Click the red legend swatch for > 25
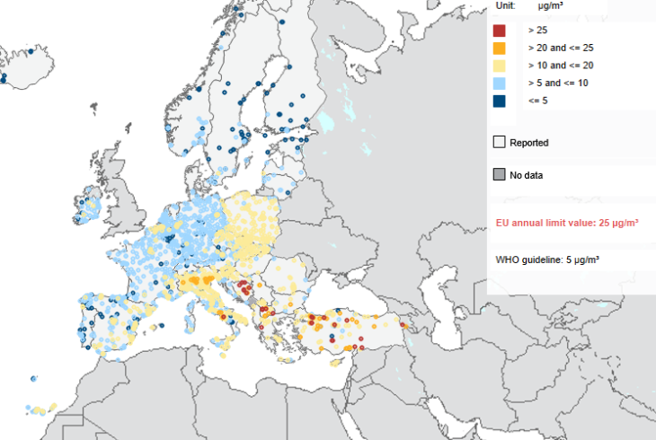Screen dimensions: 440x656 point(499,31)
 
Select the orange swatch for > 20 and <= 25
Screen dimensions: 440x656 point(499,48)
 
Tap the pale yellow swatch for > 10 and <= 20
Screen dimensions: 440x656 point(499,66)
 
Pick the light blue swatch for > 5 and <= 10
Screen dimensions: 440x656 point(499,83)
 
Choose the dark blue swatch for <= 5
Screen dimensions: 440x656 point(499,101)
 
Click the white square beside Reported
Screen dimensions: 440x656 point(499,142)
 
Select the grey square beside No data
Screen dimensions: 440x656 point(499,175)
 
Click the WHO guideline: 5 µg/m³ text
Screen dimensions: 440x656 point(547,260)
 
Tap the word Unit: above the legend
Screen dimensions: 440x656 point(506,5)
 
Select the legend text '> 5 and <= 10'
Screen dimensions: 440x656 point(558,83)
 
